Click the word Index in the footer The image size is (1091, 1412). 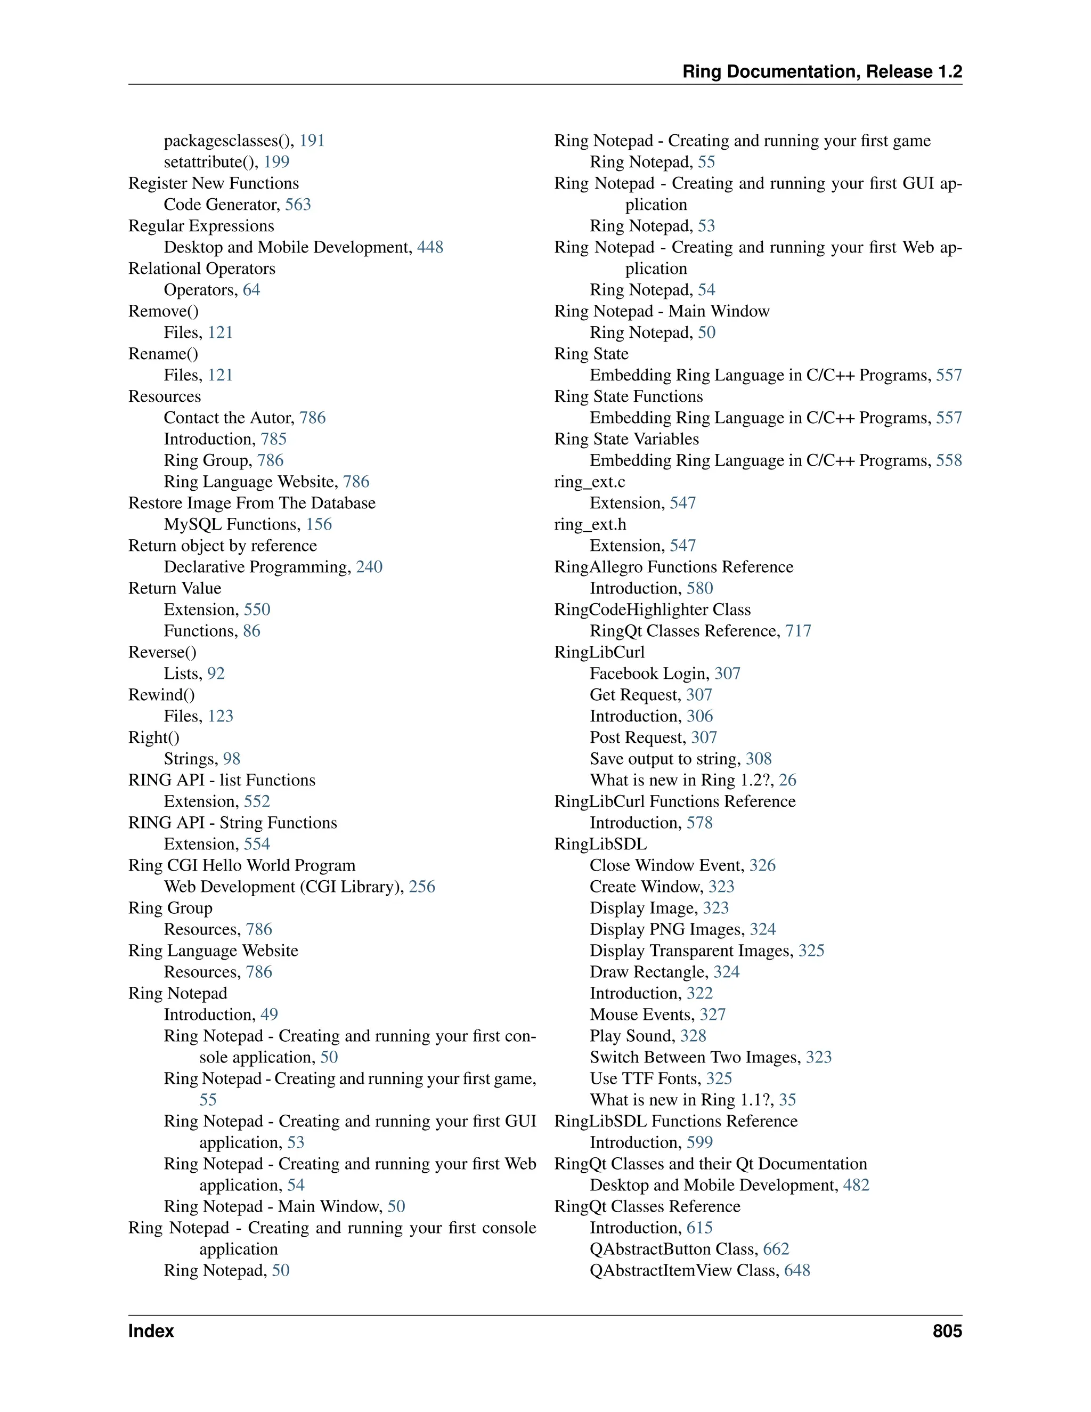click(x=151, y=1330)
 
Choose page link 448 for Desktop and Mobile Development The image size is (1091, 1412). click(x=430, y=247)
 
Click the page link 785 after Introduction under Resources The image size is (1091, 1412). click(x=273, y=439)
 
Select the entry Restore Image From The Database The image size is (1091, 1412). click(x=251, y=503)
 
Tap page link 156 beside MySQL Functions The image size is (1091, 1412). click(x=319, y=524)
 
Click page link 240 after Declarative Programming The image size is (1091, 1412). click(x=369, y=567)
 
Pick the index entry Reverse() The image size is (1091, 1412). click(x=162, y=652)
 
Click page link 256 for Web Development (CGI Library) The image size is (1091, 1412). click(x=421, y=887)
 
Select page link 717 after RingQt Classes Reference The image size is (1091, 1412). click(x=798, y=631)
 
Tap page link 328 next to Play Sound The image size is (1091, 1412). click(x=693, y=1036)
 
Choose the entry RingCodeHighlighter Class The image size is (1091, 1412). click(x=652, y=610)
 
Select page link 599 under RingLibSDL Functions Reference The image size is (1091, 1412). click(x=699, y=1142)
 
